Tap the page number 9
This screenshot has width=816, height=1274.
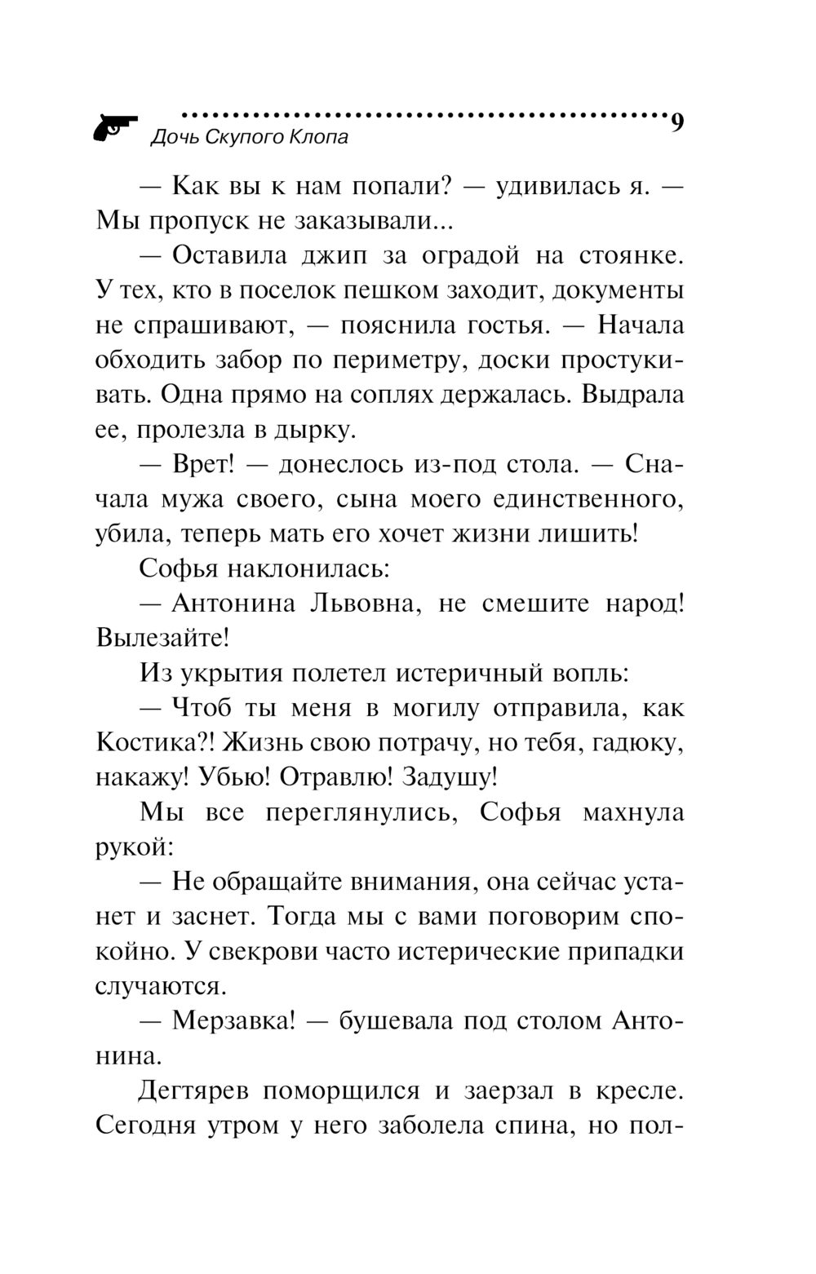(676, 123)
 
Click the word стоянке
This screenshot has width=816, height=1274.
(628, 255)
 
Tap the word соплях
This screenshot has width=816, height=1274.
(392, 395)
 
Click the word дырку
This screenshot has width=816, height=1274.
(319, 429)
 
